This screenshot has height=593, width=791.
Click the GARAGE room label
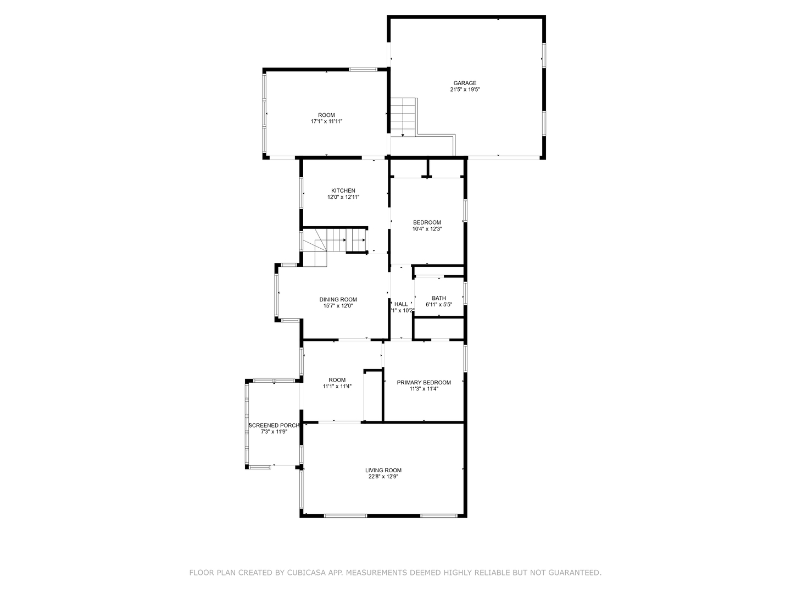(x=465, y=83)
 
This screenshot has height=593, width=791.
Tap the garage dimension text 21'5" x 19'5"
(x=465, y=89)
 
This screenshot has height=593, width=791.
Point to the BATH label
(x=438, y=298)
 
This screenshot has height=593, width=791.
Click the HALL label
(x=401, y=304)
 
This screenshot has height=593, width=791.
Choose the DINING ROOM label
(x=338, y=300)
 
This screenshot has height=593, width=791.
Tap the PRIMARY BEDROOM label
(x=424, y=383)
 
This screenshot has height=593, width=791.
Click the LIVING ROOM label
(x=383, y=471)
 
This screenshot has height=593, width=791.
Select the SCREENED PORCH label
(x=274, y=426)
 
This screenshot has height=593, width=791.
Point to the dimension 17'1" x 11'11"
(x=326, y=121)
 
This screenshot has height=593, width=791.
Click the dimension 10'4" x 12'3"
(x=427, y=229)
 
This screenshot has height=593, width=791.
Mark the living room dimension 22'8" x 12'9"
(x=383, y=477)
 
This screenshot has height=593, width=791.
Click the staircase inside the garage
(x=403, y=116)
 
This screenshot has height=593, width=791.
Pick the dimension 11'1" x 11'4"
(x=337, y=386)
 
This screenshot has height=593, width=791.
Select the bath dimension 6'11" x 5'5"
(x=438, y=305)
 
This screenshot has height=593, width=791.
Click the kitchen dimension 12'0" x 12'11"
(x=343, y=197)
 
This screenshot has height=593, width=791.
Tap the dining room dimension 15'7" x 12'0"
(x=338, y=306)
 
